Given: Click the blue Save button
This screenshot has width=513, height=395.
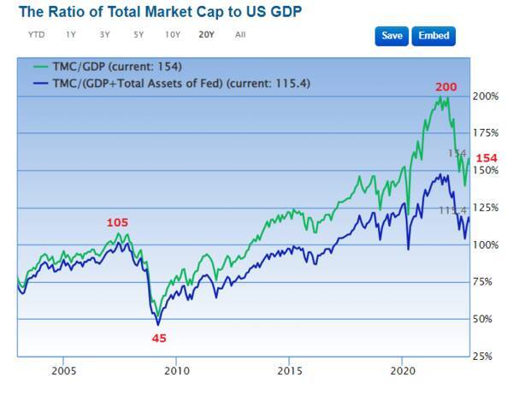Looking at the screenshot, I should [391, 36].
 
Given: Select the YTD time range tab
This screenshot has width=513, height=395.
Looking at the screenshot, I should [37, 35].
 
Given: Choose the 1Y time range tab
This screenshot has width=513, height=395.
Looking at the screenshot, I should [71, 35].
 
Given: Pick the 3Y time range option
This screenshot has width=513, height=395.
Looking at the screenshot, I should [104, 35].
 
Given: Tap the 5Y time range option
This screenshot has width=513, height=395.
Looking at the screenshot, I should [139, 35].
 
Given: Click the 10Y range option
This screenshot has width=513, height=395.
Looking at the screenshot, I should [173, 35].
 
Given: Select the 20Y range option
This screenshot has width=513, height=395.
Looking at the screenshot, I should [206, 35].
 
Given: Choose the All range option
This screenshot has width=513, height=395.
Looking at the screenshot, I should [240, 35].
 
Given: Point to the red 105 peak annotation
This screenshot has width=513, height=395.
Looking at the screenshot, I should [117, 222].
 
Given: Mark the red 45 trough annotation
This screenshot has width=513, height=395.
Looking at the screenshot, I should [159, 338].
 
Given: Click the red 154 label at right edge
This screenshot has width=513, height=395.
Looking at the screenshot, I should [486, 158].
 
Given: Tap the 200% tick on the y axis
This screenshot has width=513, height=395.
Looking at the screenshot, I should [486, 96].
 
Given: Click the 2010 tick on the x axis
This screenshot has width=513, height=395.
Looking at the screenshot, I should [177, 371].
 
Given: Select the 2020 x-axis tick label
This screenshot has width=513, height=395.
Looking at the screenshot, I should [404, 371].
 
